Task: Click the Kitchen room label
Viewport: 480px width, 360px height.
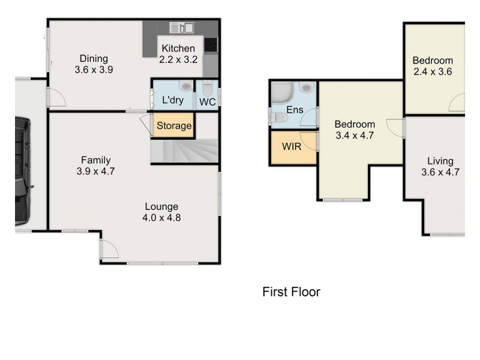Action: (x=177, y=48)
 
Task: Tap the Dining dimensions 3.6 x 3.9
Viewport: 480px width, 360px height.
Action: (x=94, y=70)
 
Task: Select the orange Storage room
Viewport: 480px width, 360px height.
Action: (x=174, y=126)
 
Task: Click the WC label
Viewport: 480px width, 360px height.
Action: (x=207, y=102)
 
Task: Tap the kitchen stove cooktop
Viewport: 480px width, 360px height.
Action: (x=211, y=44)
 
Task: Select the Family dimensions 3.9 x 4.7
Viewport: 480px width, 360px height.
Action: (x=96, y=171)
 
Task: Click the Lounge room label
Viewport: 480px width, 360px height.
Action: (x=161, y=206)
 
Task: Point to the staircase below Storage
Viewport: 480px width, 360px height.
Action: (x=183, y=151)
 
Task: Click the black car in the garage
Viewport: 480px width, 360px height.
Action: (x=22, y=171)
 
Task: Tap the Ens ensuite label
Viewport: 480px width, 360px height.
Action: (x=295, y=110)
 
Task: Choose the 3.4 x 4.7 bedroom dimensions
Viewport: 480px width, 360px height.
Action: (x=354, y=136)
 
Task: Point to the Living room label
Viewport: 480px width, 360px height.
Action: (x=440, y=161)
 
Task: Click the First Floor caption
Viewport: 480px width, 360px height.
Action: (x=291, y=292)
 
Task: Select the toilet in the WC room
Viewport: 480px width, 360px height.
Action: (x=208, y=89)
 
